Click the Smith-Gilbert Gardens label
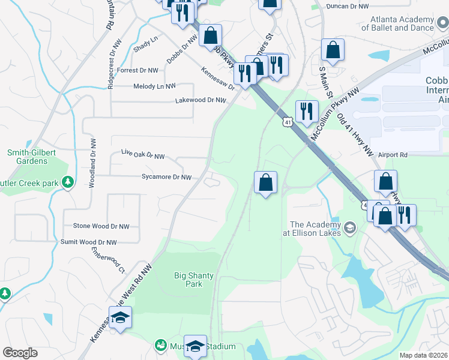pyautogui.click(x=27, y=157)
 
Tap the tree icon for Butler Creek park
pyautogui.click(x=68, y=181)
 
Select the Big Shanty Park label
pyautogui.click(x=193, y=280)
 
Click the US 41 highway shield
pyautogui.click(x=287, y=122)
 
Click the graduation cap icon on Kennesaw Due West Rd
pyautogui.click(x=121, y=317)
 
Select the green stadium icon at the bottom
pyautogui.click(x=160, y=346)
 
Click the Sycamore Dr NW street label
pyautogui.click(x=167, y=177)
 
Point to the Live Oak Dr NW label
pyautogui.click(x=143, y=156)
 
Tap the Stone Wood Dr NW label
pyautogui.click(x=101, y=226)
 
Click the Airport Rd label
pyautogui.click(x=393, y=155)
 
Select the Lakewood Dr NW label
pyautogui.click(x=199, y=100)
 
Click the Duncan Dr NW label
pyautogui.click(x=347, y=6)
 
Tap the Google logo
pyautogui.click(x=20, y=353)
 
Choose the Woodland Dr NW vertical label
pyautogui.click(x=92, y=163)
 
